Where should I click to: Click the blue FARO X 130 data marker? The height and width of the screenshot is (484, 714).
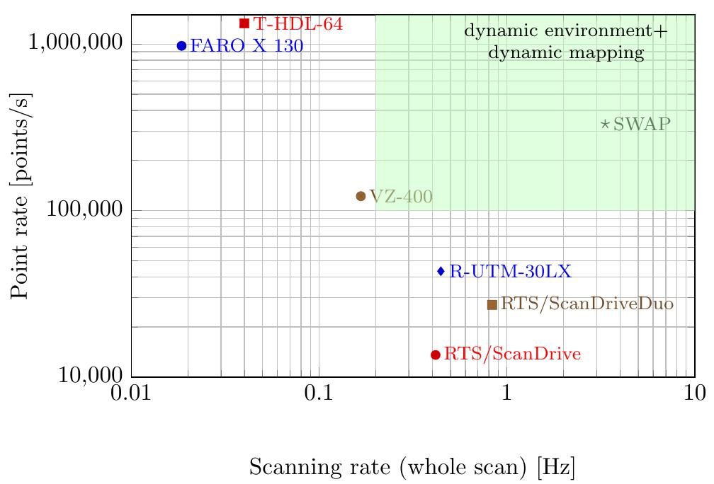(181, 46)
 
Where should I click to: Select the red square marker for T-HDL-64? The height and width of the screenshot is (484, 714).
(244, 23)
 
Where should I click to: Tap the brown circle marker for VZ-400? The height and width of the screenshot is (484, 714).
(361, 196)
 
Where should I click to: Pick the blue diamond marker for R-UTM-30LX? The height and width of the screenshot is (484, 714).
(441, 271)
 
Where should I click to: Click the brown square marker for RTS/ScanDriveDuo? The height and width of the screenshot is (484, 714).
(492, 304)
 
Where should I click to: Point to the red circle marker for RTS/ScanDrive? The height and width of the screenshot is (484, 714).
(436, 355)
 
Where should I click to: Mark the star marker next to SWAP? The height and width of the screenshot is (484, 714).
(605, 124)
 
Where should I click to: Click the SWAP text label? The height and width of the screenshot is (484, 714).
(642, 125)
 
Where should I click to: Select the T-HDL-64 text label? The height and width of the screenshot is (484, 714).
(298, 24)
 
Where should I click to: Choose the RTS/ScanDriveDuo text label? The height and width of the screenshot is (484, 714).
(587, 304)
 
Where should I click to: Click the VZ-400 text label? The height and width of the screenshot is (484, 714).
(400, 197)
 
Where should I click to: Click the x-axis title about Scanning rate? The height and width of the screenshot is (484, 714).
(412, 467)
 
